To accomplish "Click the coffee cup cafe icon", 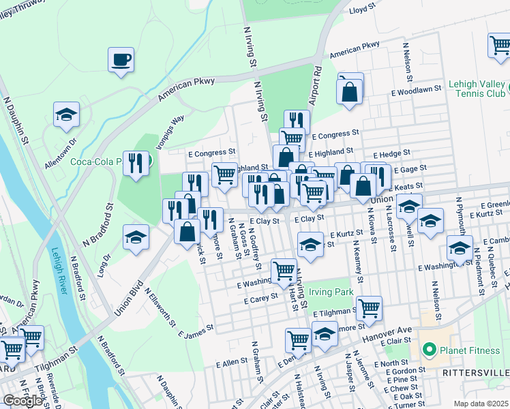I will click(x=121, y=59).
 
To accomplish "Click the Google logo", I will click(x=22, y=400).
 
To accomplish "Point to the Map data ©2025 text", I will click(x=481, y=404).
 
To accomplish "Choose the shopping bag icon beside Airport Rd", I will click(x=350, y=93).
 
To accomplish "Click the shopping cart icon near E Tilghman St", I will click(x=369, y=308).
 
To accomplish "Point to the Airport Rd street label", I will click(x=315, y=85).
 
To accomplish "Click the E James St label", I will click(x=196, y=331).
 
